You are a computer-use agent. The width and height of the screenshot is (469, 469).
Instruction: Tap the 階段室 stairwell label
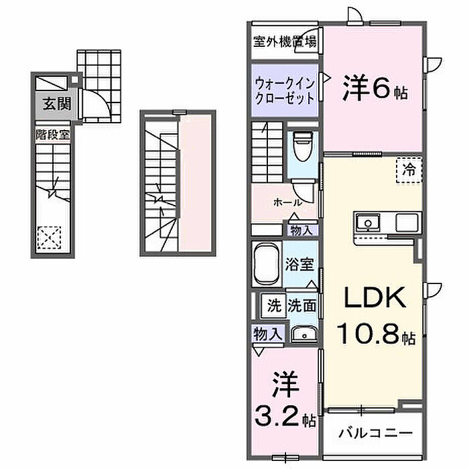[52, 133]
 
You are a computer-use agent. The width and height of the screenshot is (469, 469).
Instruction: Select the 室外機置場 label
[285, 40]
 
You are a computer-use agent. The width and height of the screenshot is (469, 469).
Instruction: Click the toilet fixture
[301, 145]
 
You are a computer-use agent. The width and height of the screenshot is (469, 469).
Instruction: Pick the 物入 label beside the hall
[301, 230]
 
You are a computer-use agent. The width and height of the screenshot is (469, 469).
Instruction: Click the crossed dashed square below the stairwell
[48, 237]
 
